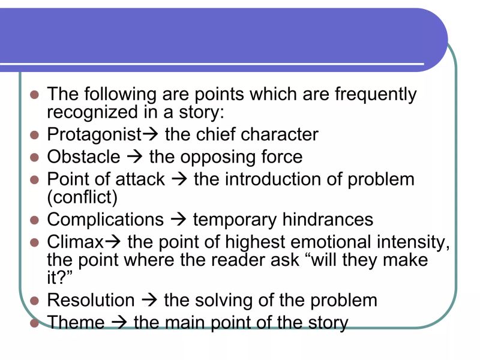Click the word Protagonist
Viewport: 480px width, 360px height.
94,135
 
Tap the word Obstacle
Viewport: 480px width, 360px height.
83,157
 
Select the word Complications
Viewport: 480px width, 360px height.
105,220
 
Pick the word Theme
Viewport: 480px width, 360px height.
76,323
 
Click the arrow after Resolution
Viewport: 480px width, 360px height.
149,300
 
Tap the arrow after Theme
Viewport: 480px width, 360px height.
119,323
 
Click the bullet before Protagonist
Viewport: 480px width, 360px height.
34,135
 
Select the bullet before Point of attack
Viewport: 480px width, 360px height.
34,180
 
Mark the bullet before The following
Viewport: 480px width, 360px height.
34,95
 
